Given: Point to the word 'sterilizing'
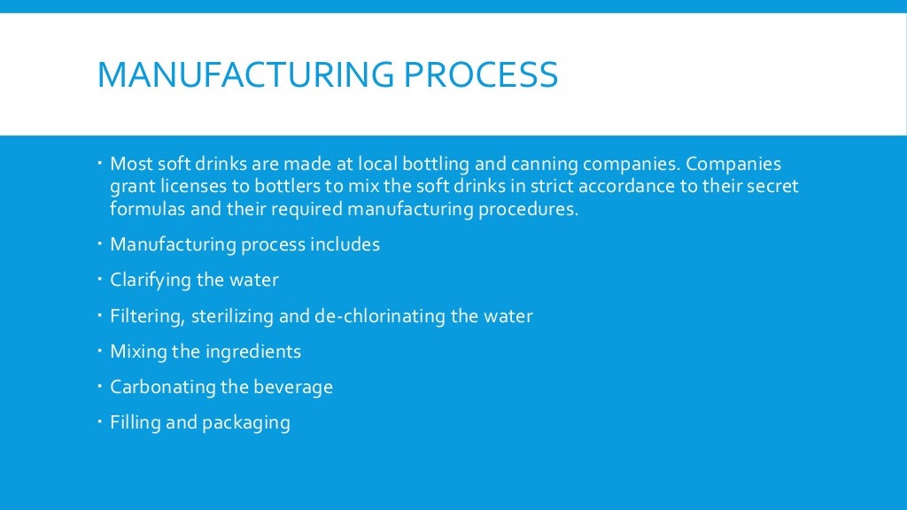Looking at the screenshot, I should [230, 316].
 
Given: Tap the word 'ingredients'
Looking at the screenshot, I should [253, 352].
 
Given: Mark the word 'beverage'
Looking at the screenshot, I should [293, 387].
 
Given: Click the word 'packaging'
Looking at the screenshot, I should [246, 423].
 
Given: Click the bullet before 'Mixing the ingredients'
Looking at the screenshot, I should [101, 350].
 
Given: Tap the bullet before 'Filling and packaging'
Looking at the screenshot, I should [101, 421].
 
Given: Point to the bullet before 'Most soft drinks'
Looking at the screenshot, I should [101, 164].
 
